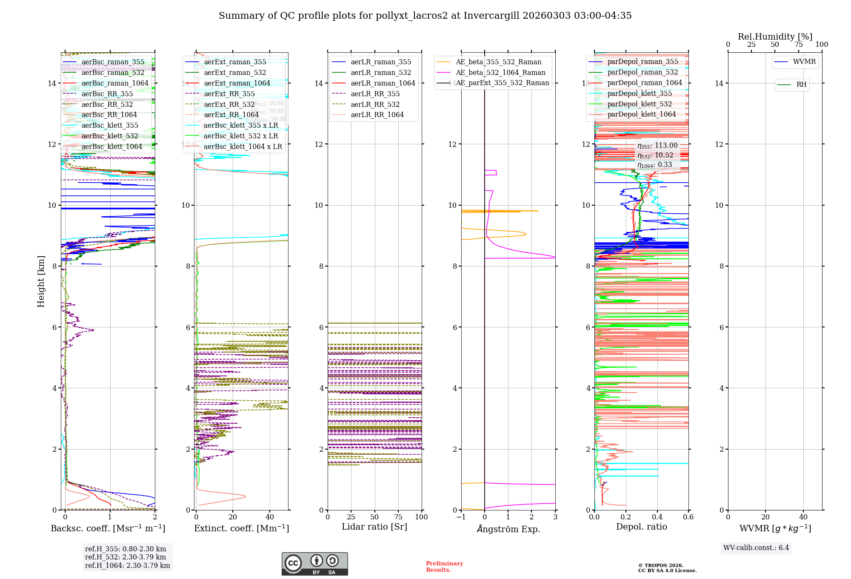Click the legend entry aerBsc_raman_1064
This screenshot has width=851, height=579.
(115, 83)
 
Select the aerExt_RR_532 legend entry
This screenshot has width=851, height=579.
(229, 104)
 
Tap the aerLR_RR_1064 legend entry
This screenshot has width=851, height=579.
(377, 115)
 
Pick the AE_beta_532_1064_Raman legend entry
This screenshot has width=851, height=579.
(500, 72)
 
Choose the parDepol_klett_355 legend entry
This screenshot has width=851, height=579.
(640, 93)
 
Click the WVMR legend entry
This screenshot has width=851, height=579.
(804, 62)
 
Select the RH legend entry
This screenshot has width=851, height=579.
(801, 85)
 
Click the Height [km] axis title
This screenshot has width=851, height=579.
(41, 281)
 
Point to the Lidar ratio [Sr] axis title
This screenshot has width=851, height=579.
(374, 527)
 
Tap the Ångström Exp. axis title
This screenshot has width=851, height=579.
(508, 529)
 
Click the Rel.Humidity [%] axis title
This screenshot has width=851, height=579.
(775, 37)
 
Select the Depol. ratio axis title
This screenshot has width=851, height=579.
(641, 527)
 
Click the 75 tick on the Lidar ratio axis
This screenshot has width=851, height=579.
(398, 517)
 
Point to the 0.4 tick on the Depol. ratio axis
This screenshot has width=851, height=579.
(657, 517)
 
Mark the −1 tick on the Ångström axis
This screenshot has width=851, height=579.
(461, 517)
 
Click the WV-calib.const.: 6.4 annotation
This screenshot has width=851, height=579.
(756, 547)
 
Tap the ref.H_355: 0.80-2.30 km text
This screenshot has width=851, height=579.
(126, 549)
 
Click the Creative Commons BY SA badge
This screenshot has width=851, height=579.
(314, 564)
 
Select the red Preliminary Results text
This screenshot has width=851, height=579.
(444, 566)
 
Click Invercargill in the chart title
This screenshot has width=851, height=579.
(491, 16)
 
